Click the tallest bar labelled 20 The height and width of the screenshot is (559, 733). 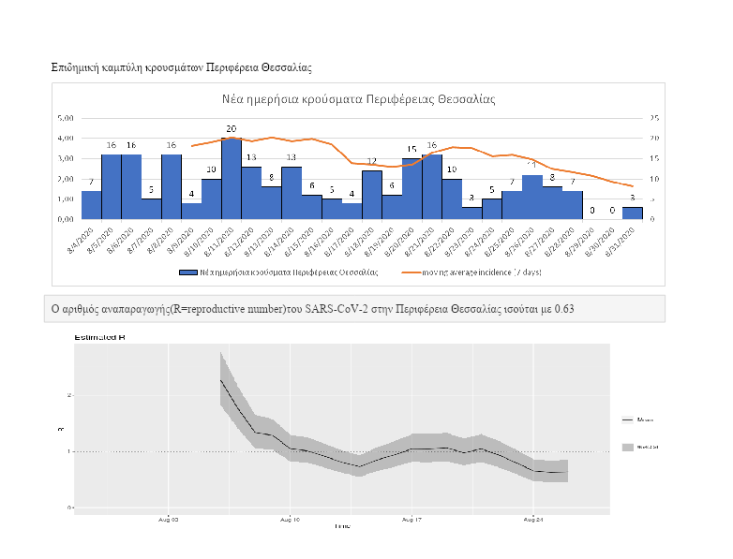point(231,178)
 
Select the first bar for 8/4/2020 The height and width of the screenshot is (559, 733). point(91,204)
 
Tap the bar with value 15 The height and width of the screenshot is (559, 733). point(411,188)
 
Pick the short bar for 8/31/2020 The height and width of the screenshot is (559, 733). point(633,213)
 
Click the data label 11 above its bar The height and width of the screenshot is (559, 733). point(531,165)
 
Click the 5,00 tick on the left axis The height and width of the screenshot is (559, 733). point(66,118)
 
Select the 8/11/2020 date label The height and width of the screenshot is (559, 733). point(222,241)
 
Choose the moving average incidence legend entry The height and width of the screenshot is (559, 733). point(469,272)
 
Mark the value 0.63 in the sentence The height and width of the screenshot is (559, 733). point(590,308)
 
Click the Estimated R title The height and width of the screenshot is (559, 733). point(99,334)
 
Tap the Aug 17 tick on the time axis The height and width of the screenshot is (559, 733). point(411,518)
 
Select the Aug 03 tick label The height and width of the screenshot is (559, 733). point(169,518)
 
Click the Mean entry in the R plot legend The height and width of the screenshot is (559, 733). point(644,419)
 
